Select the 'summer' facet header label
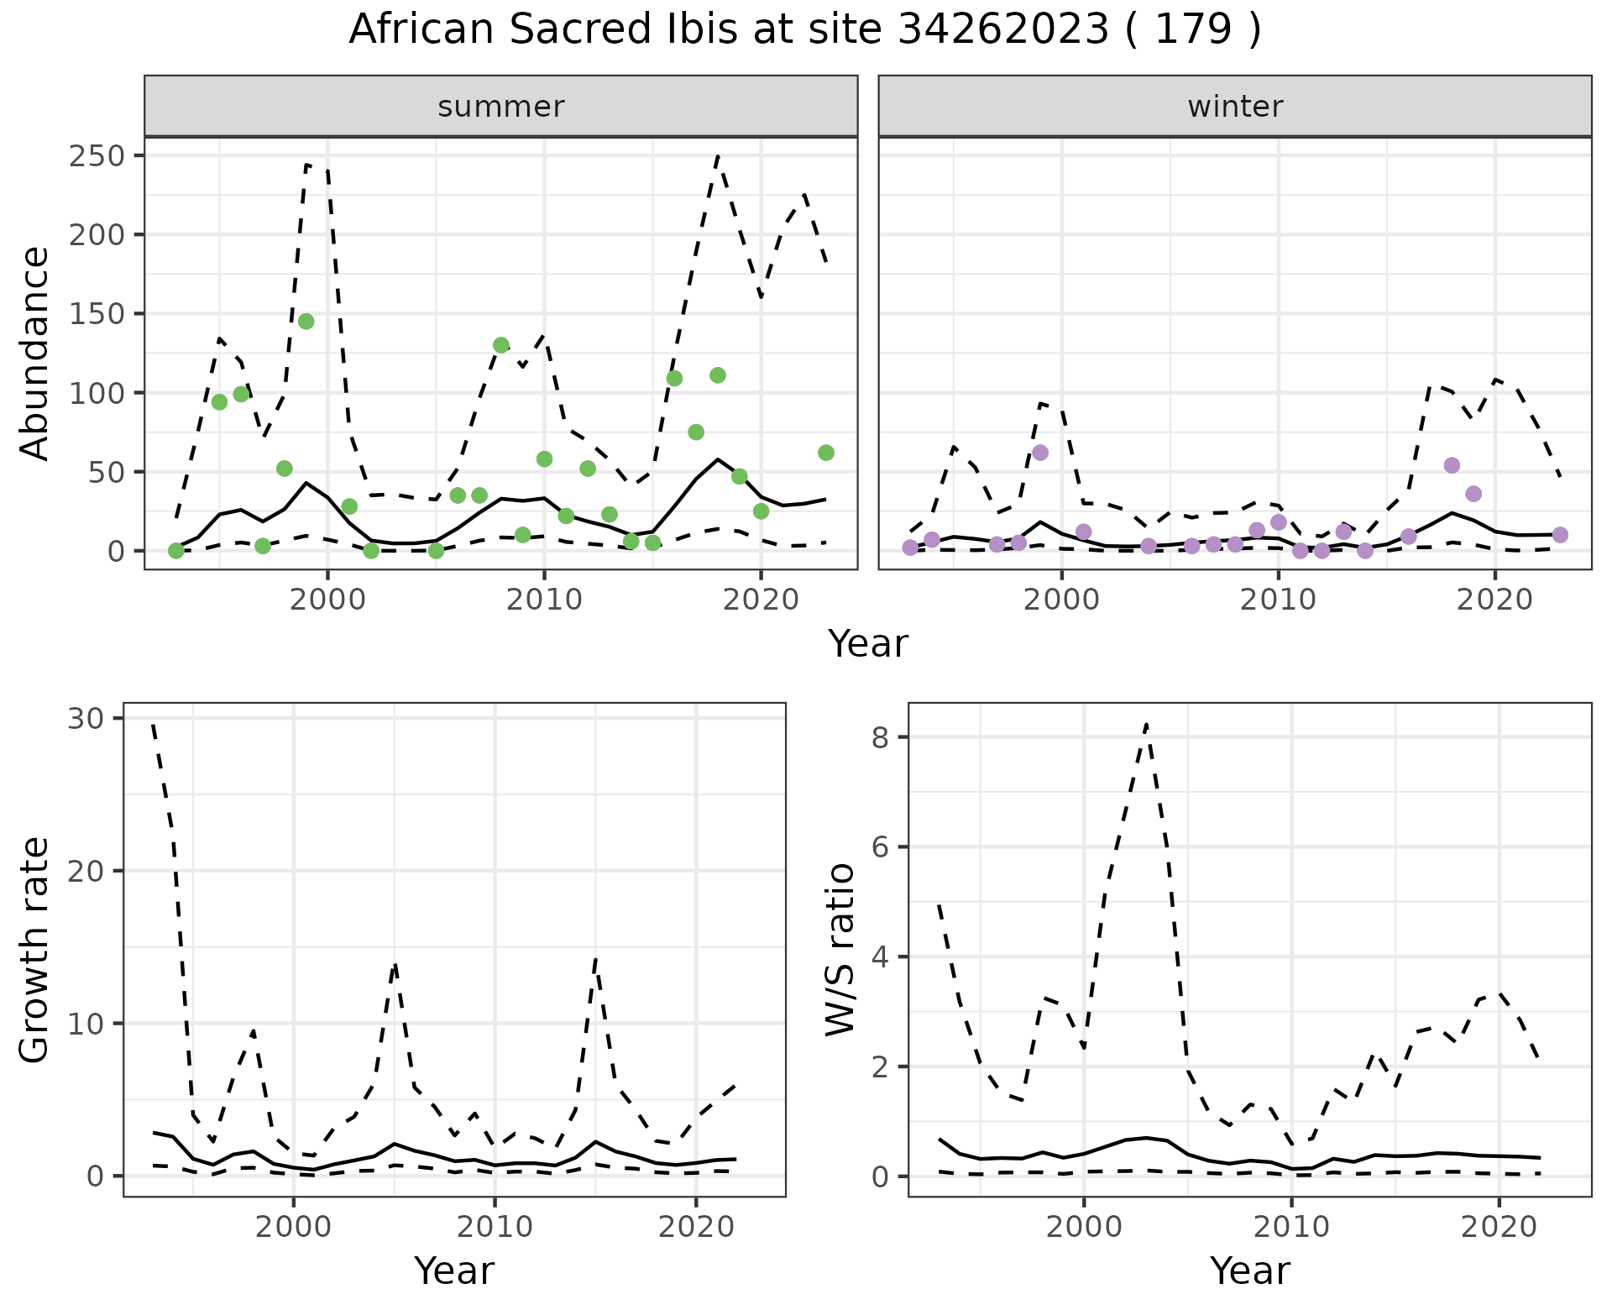501,107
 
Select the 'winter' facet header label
1235,107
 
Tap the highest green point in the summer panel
306,322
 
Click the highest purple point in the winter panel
1040,453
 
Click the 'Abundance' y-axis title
35,354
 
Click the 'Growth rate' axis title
35,950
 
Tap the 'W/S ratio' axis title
840,950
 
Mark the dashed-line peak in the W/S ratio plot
1146,724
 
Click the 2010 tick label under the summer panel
544,600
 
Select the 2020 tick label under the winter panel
1494,600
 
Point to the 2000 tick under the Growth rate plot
293,1227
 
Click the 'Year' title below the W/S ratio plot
1249,1271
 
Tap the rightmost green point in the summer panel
825,453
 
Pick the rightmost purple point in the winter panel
1560,535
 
